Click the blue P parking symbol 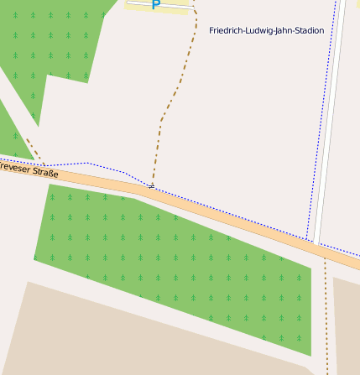[155, 5]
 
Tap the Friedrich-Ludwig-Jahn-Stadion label [266, 30]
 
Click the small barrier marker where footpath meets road [151, 185]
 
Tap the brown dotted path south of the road [326, 319]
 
